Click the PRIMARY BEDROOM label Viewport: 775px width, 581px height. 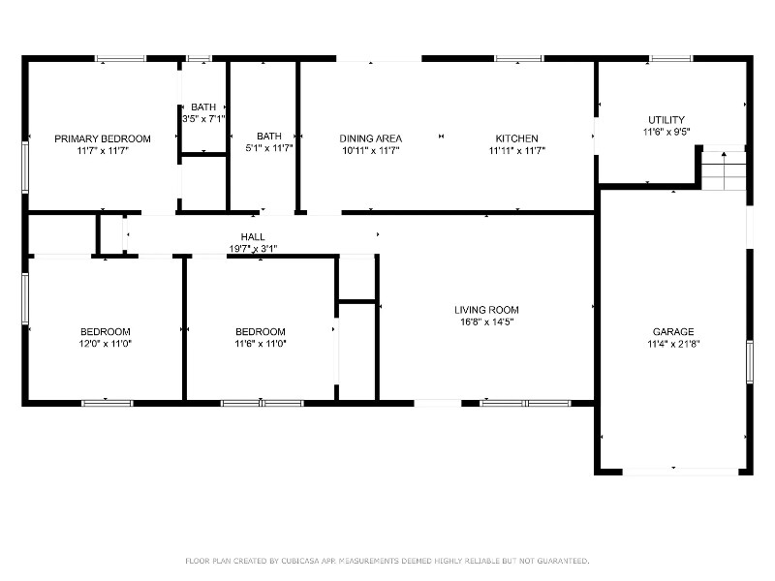(102, 138)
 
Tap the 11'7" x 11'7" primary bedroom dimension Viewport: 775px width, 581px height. (102, 151)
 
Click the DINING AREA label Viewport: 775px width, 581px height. (370, 138)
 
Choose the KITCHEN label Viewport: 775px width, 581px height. (516, 138)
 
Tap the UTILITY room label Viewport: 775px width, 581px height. (666, 120)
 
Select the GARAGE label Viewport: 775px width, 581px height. (672, 331)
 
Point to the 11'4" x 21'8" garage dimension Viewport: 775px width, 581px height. (672, 344)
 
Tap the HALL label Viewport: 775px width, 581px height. (253, 236)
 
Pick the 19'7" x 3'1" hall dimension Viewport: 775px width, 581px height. (253, 248)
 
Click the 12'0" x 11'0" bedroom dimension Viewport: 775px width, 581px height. (105, 344)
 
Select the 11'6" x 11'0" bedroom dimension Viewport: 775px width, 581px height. (260, 344)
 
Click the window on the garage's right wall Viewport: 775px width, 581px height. (749, 363)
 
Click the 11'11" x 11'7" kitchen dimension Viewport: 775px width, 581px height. (516, 151)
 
